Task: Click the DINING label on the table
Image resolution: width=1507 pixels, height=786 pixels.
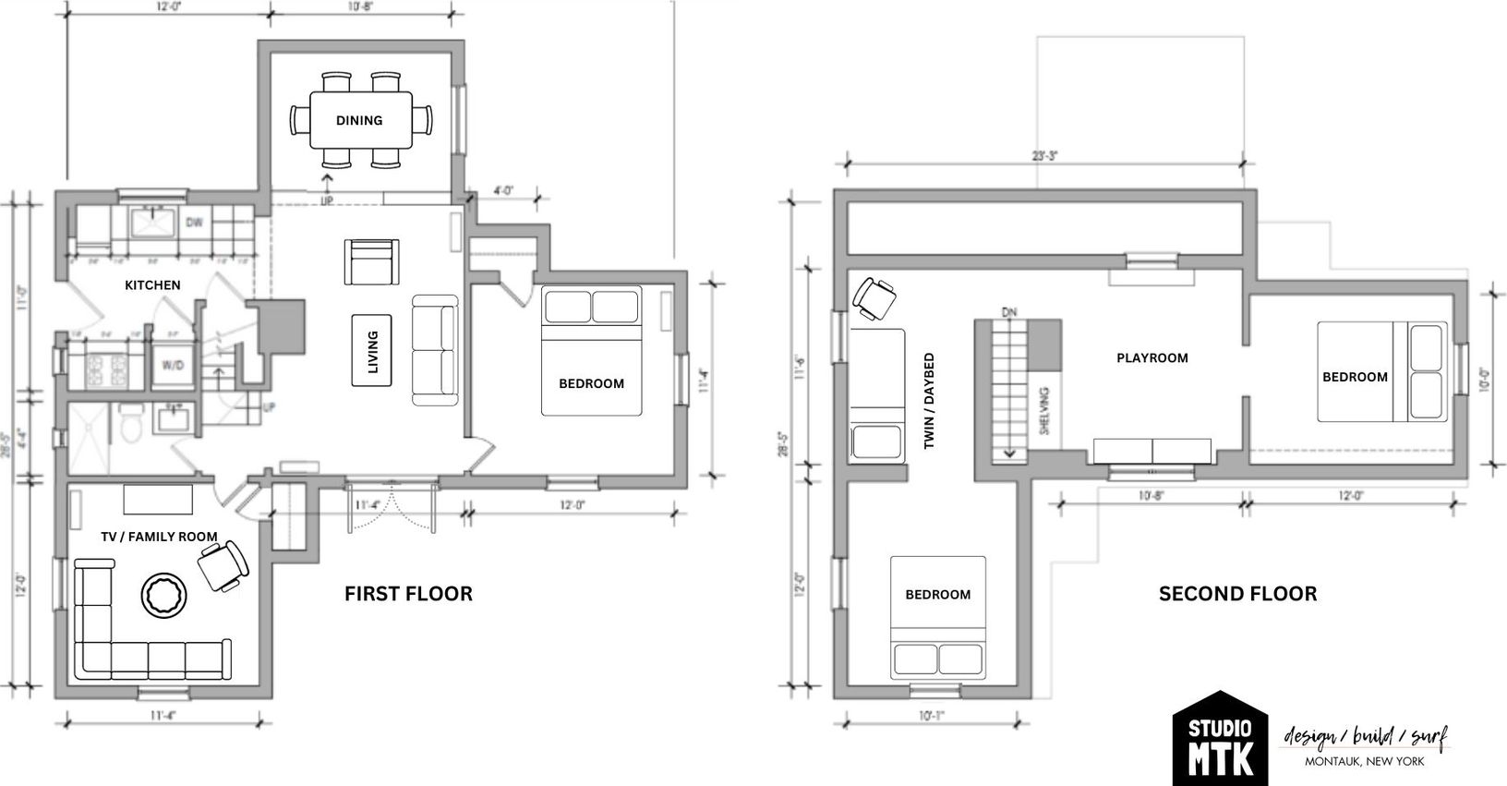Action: click(x=359, y=120)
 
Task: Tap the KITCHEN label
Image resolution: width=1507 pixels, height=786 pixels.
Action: click(x=152, y=285)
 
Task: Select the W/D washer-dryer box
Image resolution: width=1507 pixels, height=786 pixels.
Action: click(x=173, y=366)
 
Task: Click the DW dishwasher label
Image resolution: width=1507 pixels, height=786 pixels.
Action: click(x=194, y=223)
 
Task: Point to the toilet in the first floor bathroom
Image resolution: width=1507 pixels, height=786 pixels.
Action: click(x=131, y=424)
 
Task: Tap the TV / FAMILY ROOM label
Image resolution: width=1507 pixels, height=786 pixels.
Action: click(x=159, y=537)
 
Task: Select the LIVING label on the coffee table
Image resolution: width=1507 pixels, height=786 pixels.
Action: click(x=372, y=352)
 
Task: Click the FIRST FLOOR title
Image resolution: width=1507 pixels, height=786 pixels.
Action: click(x=408, y=594)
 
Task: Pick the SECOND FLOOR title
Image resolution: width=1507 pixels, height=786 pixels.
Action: click(x=1237, y=594)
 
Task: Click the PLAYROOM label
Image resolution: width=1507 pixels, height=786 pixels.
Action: click(x=1151, y=357)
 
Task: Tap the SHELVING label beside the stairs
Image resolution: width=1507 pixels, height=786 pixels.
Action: click(x=1044, y=411)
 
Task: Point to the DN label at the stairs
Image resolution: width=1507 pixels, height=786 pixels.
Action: click(x=1008, y=312)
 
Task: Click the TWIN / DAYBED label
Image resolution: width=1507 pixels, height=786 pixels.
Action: click(x=929, y=401)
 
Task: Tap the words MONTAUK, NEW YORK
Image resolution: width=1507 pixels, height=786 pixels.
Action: click(x=1364, y=762)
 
